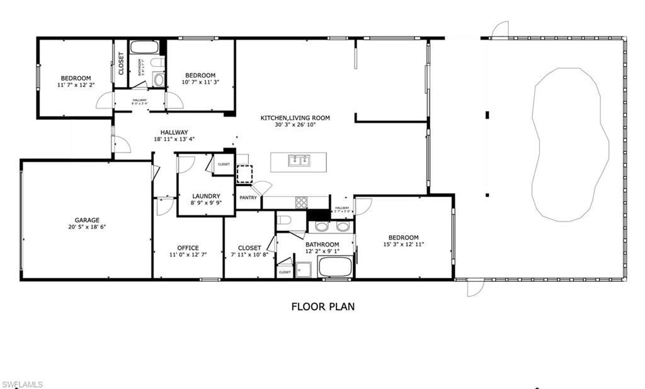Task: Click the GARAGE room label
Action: pyautogui.click(x=88, y=220)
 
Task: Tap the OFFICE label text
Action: pyautogui.click(x=188, y=248)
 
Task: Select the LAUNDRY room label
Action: pyautogui.click(x=206, y=196)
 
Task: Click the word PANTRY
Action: pyautogui.click(x=248, y=198)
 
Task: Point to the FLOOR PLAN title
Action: pyautogui.click(x=322, y=307)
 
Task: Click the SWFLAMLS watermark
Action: pyautogui.click(x=23, y=384)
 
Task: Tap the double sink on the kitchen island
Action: pyautogui.click(x=299, y=161)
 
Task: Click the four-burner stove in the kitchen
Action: pyautogui.click(x=302, y=202)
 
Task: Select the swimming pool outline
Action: pyautogui.click(x=570, y=145)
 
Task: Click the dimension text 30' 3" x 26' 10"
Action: pyautogui.click(x=295, y=125)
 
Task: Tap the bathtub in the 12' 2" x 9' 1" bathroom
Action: pyautogui.click(x=336, y=267)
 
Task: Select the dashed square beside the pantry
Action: pyautogui.click(x=244, y=174)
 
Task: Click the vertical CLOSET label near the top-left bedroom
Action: pyautogui.click(x=121, y=64)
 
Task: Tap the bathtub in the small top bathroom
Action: pyautogui.click(x=144, y=48)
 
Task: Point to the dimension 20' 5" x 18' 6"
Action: pyautogui.click(x=88, y=227)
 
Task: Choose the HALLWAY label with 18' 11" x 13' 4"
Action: pyautogui.click(x=174, y=132)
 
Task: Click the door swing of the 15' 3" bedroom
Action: pyautogui.click(x=363, y=206)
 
